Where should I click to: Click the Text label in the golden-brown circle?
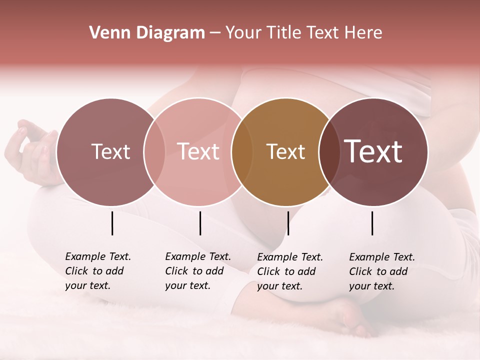286,152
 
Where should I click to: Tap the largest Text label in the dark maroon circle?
373,151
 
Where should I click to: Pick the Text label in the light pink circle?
198,151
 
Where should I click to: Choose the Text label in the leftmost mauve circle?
111,152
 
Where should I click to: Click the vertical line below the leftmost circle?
112,223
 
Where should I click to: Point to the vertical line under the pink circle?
200,223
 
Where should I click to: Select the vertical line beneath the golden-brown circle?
288,223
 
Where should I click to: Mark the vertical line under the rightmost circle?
372,223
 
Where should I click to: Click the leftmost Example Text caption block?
98,271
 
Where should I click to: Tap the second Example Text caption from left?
198,271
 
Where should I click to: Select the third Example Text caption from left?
290,271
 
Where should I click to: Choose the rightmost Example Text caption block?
382,271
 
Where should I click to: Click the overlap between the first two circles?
154,152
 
